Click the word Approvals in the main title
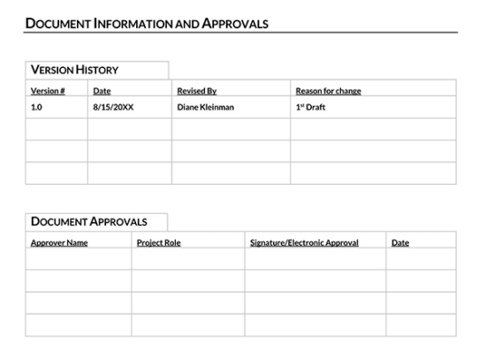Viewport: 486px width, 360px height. (235, 24)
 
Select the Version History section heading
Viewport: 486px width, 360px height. (74, 70)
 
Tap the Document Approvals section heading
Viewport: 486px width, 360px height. (88, 222)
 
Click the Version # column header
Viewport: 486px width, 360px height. (48, 91)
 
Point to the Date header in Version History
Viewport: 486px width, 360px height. (102, 91)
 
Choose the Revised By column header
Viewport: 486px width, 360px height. (196, 91)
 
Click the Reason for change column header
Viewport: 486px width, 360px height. (328, 91)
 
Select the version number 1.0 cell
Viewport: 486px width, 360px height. (36, 108)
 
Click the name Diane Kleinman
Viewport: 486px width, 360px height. (206, 108)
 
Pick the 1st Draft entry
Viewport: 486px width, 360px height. (310, 108)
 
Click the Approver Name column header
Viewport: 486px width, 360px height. (59, 242)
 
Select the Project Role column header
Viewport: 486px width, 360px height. (158, 242)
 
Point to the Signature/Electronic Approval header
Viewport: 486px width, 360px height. (304, 242)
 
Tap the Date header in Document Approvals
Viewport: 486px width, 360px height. (400, 242)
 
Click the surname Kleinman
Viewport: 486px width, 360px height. (217, 108)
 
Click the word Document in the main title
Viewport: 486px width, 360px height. (57, 24)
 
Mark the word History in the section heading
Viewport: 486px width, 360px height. (97, 70)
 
